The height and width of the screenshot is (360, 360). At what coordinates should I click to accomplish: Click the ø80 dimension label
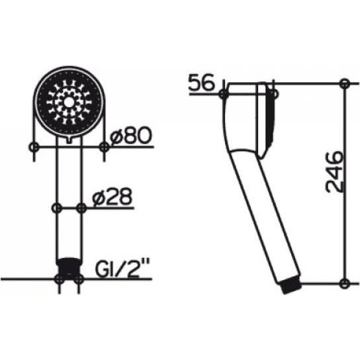[x=133, y=136]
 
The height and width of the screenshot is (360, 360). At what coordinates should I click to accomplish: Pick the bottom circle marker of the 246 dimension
[x=344, y=284]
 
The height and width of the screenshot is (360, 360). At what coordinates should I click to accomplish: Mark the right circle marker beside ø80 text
[x=104, y=146]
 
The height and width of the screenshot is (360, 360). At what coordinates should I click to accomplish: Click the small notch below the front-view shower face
[x=68, y=140]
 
